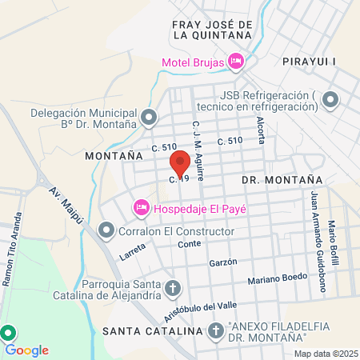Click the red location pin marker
click(x=181, y=163)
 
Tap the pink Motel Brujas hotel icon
click(x=235, y=61)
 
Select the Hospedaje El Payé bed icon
click(x=141, y=208)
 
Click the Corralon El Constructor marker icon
click(x=106, y=232)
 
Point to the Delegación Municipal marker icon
click(x=149, y=118)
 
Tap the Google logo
click(x=27, y=350)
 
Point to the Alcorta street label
click(x=260, y=128)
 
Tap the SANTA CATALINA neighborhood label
click(x=149, y=330)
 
